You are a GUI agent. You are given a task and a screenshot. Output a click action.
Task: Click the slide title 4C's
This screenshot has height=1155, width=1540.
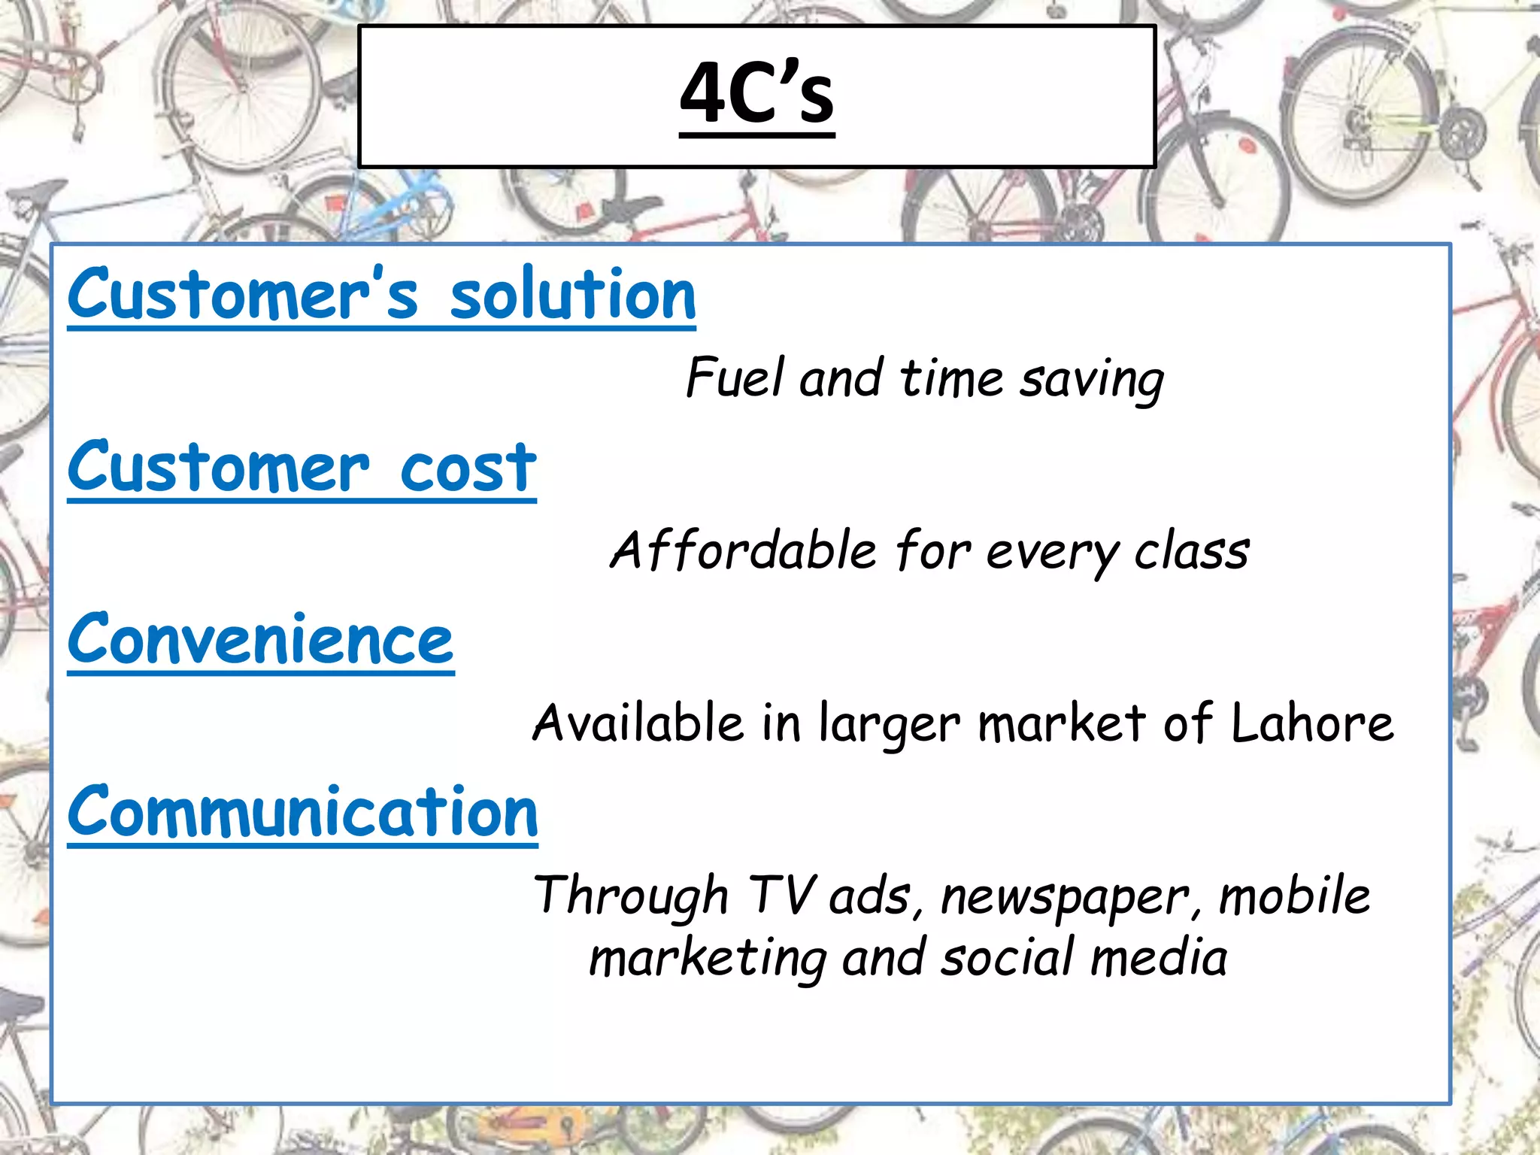(756, 93)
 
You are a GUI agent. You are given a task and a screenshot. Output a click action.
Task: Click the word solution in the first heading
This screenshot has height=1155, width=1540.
(572, 295)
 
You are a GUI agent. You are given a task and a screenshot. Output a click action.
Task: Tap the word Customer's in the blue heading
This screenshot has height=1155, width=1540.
(242, 295)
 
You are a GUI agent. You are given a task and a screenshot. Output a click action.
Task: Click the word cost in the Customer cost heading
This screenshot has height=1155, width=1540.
(468, 468)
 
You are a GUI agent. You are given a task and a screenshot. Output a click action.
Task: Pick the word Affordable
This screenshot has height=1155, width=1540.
(742, 550)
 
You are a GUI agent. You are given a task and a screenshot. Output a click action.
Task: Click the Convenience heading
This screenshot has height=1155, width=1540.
(260, 641)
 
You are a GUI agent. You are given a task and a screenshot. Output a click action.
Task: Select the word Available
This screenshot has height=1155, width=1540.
(638, 723)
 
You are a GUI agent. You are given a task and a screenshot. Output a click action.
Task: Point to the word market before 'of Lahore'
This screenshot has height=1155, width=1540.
(1062, 723)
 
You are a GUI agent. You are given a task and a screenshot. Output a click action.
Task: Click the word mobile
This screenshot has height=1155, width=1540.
(1295, 896)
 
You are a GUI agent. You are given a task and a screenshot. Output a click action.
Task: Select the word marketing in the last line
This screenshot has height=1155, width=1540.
(707, 959)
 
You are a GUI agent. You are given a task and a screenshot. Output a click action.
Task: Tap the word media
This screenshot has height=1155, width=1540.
(1159, 958)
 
